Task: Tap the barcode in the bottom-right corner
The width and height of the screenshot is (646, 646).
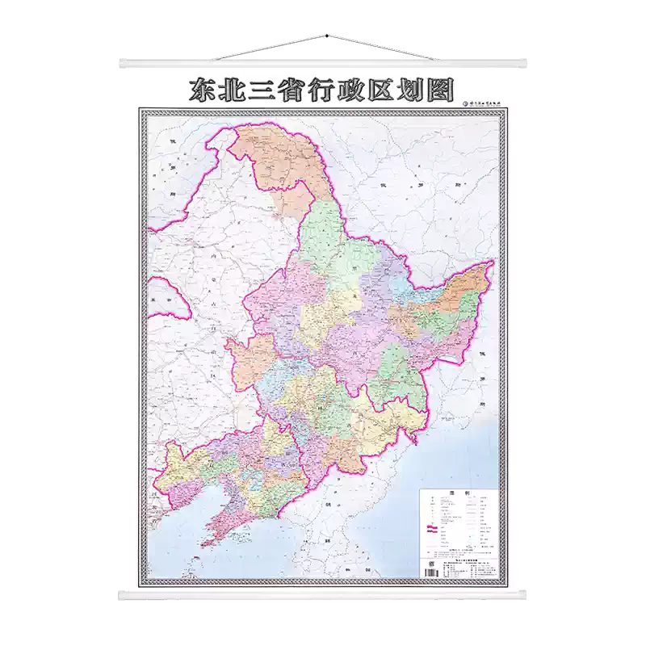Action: pos(431,570)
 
